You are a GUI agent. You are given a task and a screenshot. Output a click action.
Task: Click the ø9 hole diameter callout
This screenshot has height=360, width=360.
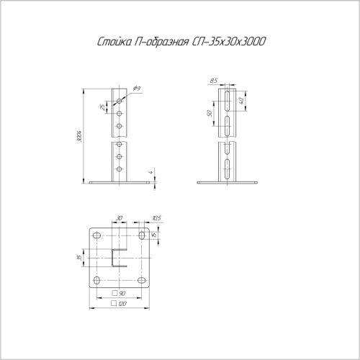[x=136, y=89]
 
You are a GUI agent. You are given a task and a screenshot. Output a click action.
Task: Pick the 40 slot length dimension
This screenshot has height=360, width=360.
[x=250, y=102]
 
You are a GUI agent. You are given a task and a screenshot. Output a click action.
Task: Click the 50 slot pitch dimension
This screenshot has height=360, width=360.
[x=208, y=114]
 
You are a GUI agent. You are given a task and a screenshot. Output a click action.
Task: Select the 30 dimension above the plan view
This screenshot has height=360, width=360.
[x=119, y=217]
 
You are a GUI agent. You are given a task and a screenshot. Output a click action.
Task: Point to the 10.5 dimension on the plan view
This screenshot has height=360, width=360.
[x=156, y=217]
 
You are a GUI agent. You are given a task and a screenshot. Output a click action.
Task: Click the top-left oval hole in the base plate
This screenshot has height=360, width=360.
[x=96, y=236]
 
